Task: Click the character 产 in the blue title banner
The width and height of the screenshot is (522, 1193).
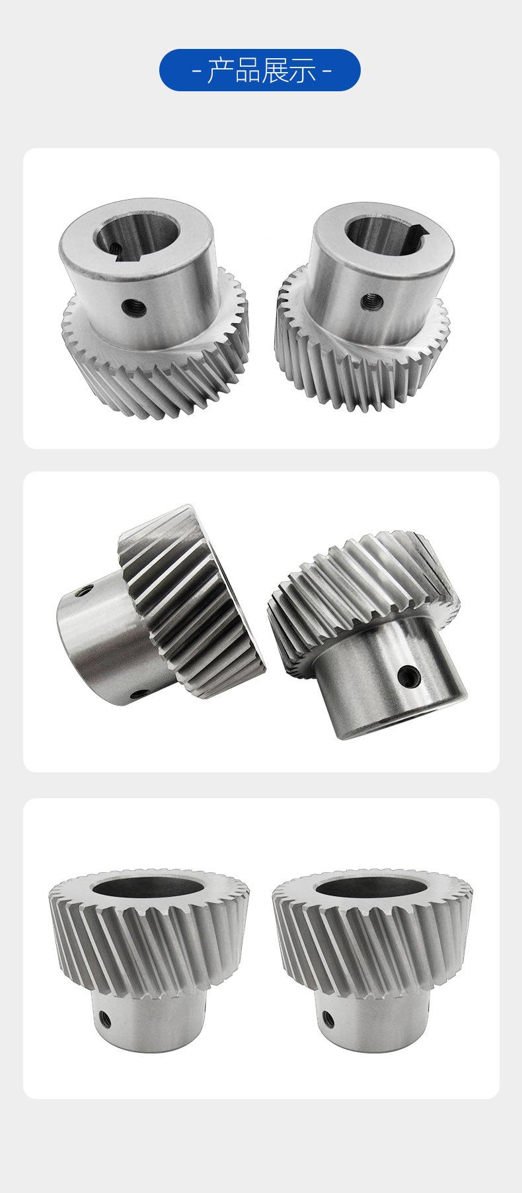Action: (221, 69)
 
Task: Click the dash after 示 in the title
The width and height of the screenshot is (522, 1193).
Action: (326, 70)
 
